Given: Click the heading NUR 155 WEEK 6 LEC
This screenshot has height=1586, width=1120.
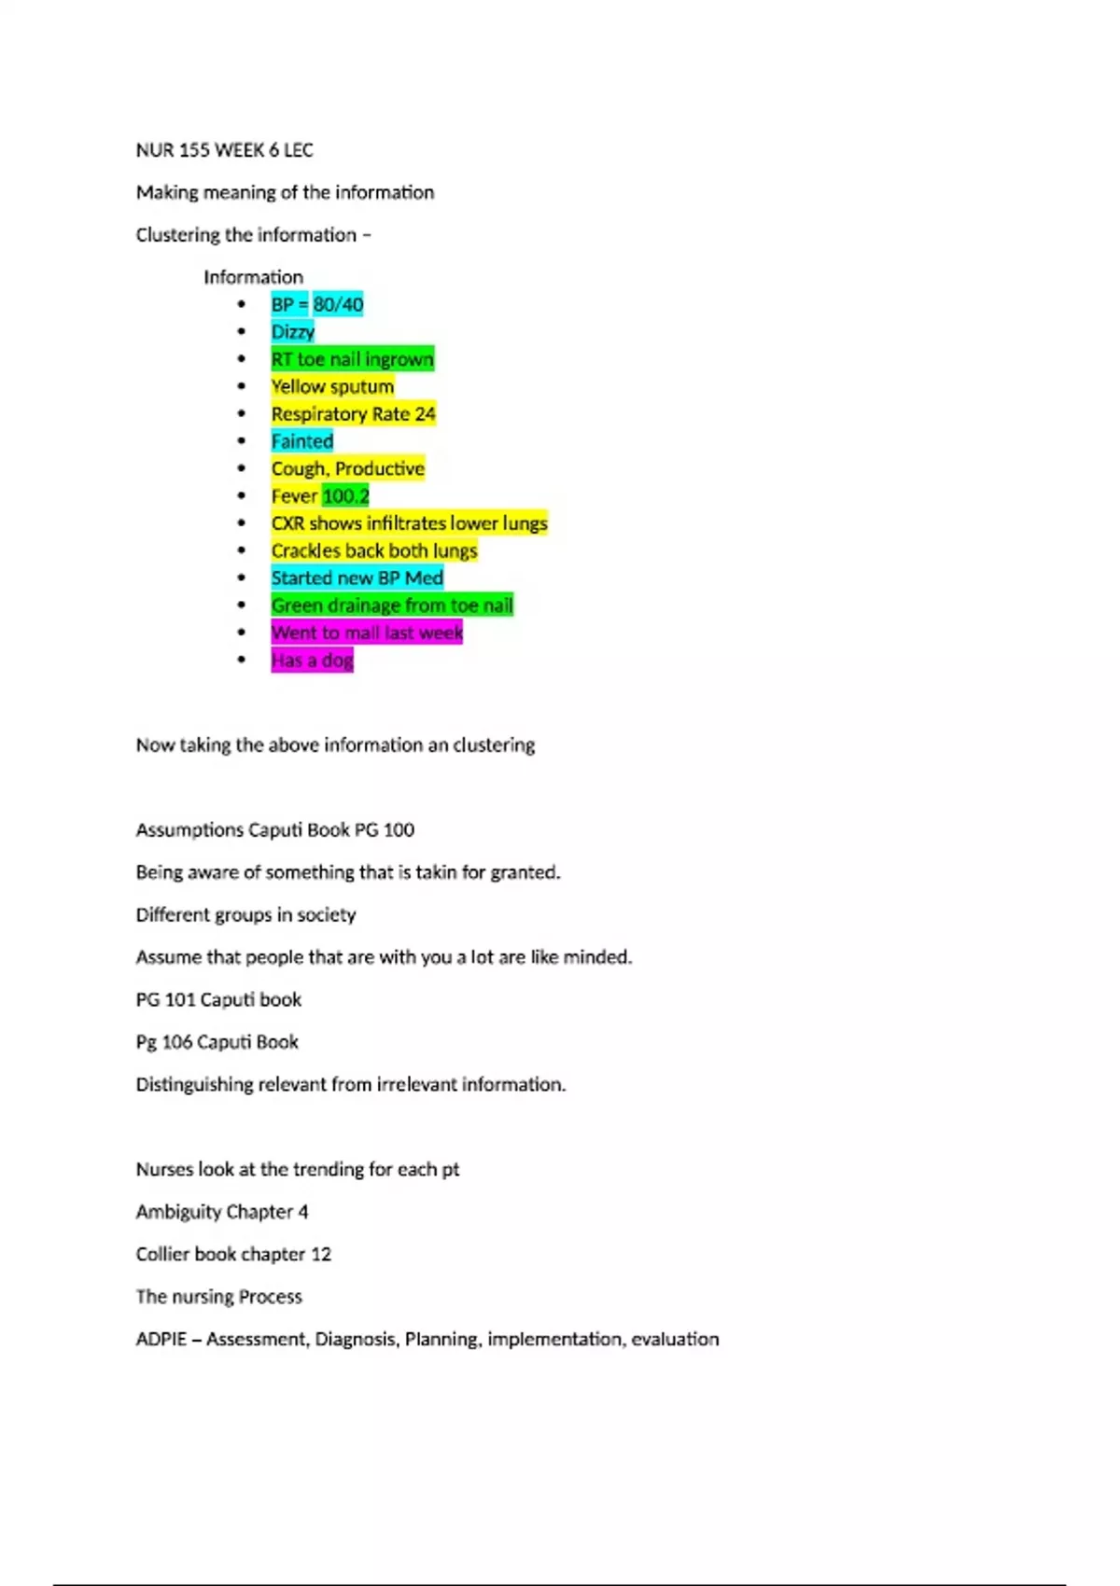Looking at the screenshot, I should point(224,150).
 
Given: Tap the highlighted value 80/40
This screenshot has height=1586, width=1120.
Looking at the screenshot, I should point(338,304).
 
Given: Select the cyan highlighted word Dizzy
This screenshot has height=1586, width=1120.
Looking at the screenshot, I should point(293,332).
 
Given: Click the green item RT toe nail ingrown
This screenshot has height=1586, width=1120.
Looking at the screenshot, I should point(352,359).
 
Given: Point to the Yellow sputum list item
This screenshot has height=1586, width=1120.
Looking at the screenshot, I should point(332,386).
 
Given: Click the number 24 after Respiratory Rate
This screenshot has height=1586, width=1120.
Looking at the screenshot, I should point(425,414).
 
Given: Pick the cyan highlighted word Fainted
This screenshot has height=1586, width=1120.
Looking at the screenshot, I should point(301,441).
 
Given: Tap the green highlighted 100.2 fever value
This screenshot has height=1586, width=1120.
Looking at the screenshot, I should point(345,496).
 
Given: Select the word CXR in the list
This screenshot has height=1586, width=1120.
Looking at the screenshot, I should point(287,523).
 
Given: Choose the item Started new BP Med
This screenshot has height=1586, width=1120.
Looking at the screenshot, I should point(357,578).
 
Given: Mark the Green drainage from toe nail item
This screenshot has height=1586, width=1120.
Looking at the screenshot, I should point(392,605).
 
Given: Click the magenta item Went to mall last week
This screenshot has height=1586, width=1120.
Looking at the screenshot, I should point(367,633).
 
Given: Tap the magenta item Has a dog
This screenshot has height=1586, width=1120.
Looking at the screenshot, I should point(312,661).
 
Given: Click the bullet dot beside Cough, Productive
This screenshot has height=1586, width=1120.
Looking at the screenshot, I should point(242,468).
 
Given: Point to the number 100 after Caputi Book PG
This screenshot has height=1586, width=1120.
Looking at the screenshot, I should point(399,829).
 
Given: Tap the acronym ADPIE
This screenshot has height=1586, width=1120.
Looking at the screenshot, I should point(161,1339).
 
